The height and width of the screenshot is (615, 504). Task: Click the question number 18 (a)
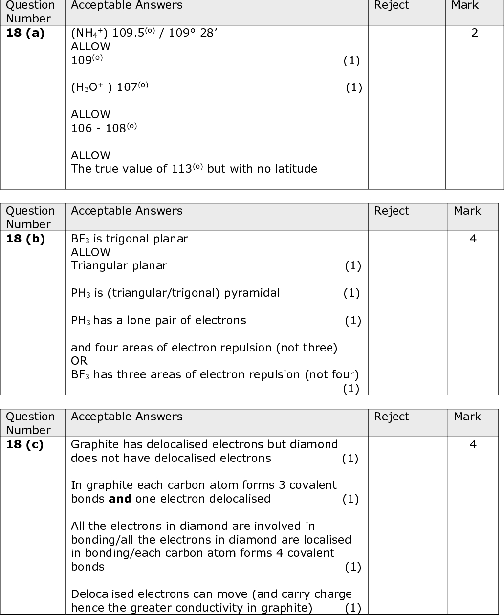(25, 33)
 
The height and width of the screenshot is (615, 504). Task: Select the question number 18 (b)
(25, 239)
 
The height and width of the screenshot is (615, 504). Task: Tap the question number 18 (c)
(25, 445)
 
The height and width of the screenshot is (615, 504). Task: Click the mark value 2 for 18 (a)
(474, 33)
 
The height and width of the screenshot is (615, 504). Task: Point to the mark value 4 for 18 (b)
(473, 239)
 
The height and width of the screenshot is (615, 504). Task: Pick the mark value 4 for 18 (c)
(473, 445)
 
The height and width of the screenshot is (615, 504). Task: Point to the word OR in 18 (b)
(79, 361)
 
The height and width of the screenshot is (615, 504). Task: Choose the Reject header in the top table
(391, 6)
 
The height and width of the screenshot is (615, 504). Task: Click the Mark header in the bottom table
(467, 417)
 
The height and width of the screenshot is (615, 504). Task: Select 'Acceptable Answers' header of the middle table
(127, 211)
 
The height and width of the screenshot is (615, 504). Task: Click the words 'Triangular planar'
(119, 266)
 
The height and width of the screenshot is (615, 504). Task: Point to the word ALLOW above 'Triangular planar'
(90, 252)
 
